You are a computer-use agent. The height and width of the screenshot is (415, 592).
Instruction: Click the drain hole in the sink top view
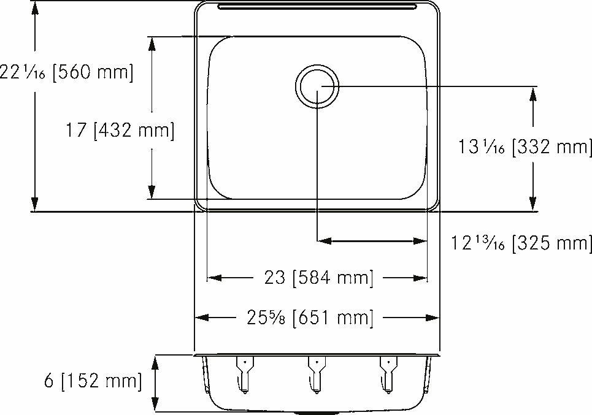317,86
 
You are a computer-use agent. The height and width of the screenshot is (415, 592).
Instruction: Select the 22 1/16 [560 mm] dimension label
66,72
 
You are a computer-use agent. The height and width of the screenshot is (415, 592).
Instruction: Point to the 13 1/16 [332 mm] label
525,147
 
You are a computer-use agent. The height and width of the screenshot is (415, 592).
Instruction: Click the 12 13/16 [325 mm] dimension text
522,243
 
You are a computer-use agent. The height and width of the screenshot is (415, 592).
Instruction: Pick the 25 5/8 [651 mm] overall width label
310,318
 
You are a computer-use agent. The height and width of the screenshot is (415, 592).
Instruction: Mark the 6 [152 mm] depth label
93,381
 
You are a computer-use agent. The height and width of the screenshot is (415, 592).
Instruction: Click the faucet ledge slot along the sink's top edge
317,7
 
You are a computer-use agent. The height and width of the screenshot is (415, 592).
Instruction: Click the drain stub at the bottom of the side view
317,412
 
